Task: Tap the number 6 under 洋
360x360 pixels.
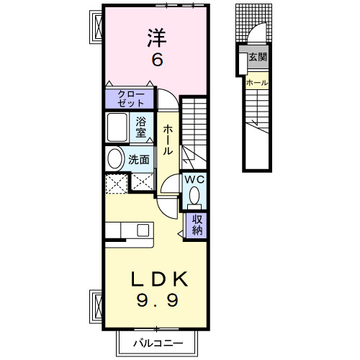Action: (156, 60)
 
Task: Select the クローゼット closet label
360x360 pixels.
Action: (130, 99)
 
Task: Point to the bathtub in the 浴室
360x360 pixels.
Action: (119, 128)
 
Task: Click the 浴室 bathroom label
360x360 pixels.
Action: (141, 127)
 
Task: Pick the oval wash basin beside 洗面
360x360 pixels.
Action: (115, 159)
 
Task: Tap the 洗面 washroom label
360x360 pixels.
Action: (139, 160)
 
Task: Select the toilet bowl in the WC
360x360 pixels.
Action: (195, 195)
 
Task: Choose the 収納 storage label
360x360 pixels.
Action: (196, 225)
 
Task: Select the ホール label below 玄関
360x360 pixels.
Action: (258, 84)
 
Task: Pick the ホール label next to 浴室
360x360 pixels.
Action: (167, 141)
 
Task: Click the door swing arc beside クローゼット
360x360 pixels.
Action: (165, 97)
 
